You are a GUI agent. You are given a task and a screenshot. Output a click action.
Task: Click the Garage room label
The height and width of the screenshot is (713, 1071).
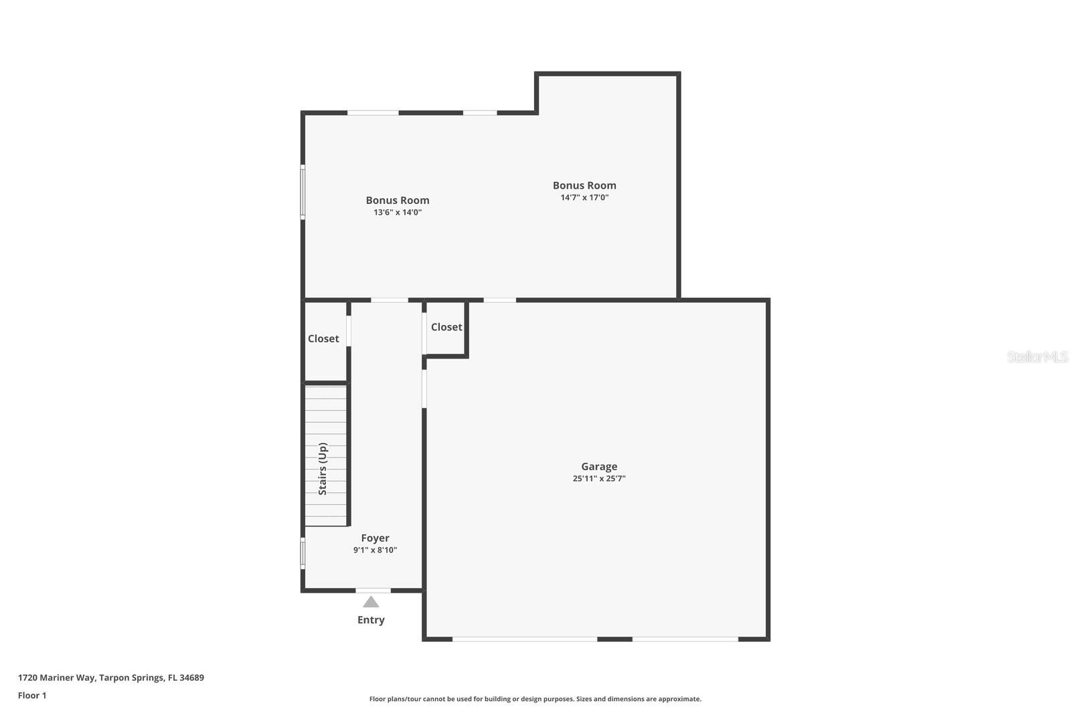[x=598, y=467]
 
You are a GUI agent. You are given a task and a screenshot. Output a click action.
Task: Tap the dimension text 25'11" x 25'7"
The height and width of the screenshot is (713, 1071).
[x=598, y=479]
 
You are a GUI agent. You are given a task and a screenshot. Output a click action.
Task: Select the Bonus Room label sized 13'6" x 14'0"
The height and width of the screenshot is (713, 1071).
[x=397, y=201]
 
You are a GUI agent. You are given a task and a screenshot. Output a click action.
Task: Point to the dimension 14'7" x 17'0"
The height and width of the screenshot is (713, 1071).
[x=584, y=198]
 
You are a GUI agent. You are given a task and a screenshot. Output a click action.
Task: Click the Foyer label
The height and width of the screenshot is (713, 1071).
[x=375, y=538]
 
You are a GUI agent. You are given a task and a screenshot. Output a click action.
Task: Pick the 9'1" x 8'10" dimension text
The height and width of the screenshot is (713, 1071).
[x=375, y=550]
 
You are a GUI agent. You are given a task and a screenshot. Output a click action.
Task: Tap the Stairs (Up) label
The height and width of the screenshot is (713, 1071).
[x=323, y=468]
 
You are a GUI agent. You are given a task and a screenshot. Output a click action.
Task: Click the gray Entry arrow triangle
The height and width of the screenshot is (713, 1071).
[x=371, y=602]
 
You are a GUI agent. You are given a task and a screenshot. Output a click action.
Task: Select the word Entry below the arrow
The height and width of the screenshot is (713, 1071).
[x=371, y=620]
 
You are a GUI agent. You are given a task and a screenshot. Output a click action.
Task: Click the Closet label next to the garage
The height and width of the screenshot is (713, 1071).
[x=446, y=327]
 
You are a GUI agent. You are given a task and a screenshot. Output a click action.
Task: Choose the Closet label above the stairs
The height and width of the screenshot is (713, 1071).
[x=323, y=339]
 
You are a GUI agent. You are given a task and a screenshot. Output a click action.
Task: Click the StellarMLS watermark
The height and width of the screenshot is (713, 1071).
[x=1037, y=357]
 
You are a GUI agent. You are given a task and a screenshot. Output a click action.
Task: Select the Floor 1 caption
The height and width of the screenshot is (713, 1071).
[x=32, y=696]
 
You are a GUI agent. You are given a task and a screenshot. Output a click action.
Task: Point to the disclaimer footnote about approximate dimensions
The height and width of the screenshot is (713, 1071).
[x=535, y=699]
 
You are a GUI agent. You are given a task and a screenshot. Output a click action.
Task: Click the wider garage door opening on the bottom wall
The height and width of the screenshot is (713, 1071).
[x=525, y=639]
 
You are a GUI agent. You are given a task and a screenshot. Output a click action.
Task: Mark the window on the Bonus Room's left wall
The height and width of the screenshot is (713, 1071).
[x=303, y=193]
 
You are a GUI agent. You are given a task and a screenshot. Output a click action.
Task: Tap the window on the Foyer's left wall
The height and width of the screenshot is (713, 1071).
[x=303, y=554]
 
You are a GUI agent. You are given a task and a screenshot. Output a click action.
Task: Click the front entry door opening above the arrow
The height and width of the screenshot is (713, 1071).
[x=373, y=591]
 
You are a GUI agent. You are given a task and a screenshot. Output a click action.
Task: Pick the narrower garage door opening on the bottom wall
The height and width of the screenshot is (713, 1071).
[x=685, y=639]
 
